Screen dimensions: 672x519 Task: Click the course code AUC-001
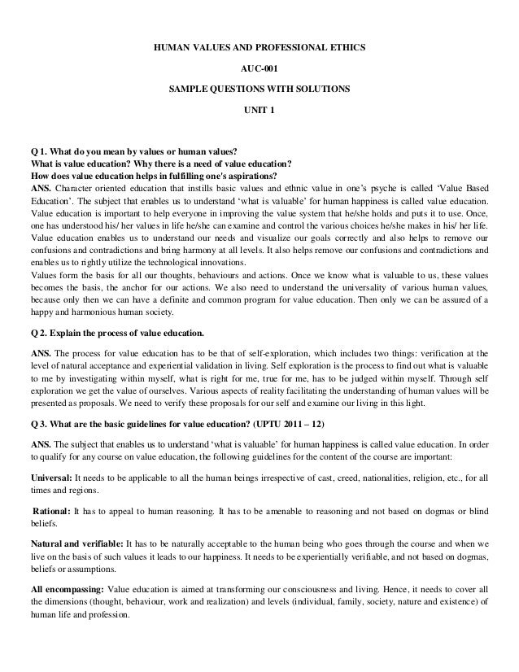pyautogui.click(x=259, y=68)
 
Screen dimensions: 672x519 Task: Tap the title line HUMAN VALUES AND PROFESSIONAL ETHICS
pyautogui.click(x=259, y=47)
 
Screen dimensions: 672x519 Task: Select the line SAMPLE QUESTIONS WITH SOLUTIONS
pyautogui.click(x=259, y=88)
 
